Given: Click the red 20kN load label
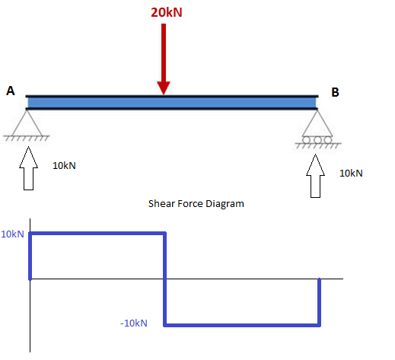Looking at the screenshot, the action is [x=167, y=12].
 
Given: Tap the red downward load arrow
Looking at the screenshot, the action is [x=164, y=59].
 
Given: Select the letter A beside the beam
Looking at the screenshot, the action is [x=11, y=91].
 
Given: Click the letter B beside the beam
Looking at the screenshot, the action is [x=335, y=92].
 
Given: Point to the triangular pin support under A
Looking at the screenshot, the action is [x=27, y=123].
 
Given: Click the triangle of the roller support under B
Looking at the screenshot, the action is [x=317, y=123].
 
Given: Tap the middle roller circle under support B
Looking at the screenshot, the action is [x=317, y=140].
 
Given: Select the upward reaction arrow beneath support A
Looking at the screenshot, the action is [x=28, y=168].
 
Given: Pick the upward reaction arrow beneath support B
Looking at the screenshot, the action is [x=315, y=176].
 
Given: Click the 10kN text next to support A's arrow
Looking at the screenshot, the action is [x=64, y=166].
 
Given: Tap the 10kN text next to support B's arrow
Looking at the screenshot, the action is [x=351, y=174].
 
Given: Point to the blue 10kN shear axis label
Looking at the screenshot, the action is [x=12, y=234].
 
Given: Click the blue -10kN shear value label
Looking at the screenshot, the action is [x=134, y=323].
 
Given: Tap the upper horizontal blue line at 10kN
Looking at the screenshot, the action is [x=97, y=233].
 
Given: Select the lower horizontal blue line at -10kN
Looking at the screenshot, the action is [x=242, y=325].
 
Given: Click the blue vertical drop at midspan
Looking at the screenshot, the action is [x=164, y=279].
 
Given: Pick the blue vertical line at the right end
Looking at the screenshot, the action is [x=319, y=302].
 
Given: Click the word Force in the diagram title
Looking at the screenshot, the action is [x=190, y=204].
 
